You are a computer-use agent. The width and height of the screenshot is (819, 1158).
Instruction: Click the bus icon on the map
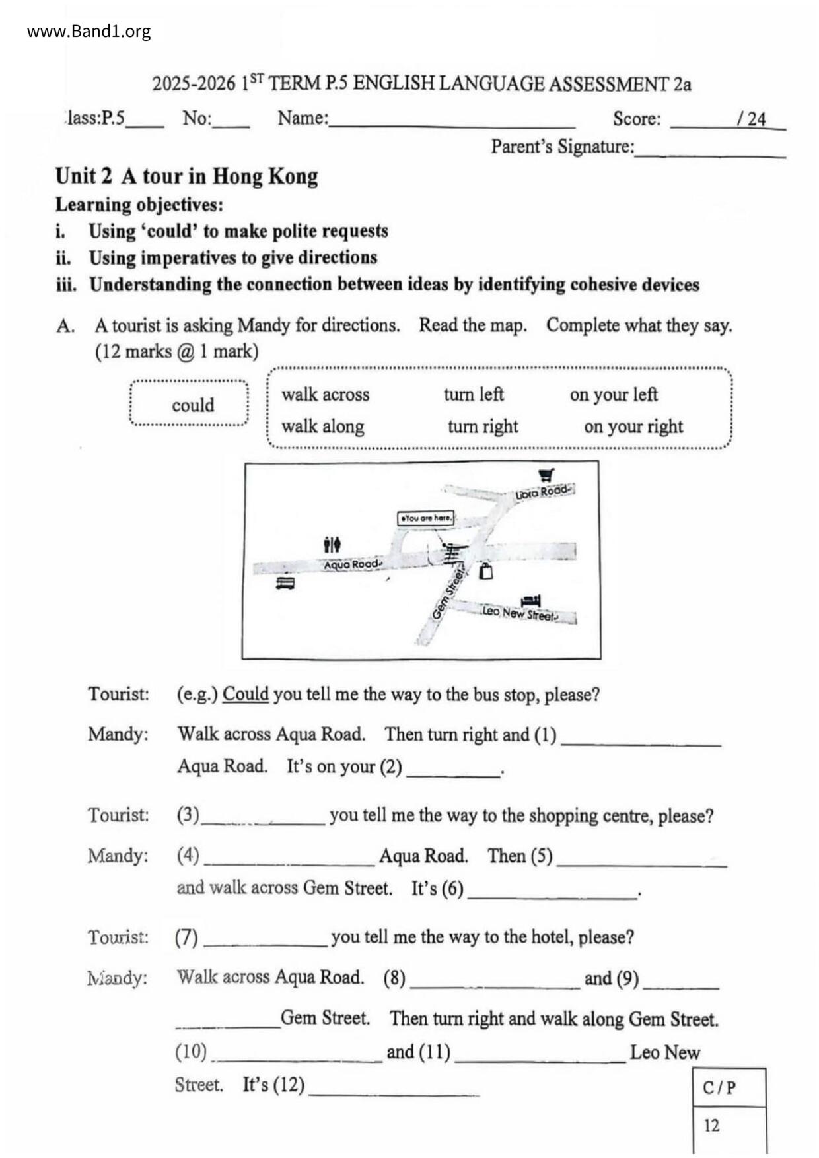tap(285, 583)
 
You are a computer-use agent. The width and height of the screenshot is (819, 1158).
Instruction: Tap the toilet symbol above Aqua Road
tap(332, 545)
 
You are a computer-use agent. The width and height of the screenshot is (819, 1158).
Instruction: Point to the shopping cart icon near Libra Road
tap(546, 475)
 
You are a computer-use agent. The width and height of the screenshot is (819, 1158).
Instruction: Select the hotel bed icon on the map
tap(530, 601)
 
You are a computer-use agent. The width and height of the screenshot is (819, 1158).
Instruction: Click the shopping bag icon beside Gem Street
tap(486, 571)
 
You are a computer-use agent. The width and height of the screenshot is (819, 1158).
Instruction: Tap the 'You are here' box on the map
tap(426, 518)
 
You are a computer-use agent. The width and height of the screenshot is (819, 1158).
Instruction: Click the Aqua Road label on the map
tap(352, 564)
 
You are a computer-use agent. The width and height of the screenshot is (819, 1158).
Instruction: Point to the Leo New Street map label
tap(520, 613)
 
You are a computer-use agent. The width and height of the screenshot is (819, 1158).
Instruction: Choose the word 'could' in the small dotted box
tap(193, 405)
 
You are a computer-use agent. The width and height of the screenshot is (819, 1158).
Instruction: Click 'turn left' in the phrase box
tap(474, 394)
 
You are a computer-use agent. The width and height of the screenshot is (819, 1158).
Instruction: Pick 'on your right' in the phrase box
tap(633, 426)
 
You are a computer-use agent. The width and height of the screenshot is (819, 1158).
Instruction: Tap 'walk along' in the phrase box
tap(323, 426)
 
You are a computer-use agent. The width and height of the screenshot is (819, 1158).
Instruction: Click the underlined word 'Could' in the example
tap(245, 695)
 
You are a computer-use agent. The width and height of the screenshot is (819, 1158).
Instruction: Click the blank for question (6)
tap(552, 890)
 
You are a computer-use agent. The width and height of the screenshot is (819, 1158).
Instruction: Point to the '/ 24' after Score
tap(752, 119)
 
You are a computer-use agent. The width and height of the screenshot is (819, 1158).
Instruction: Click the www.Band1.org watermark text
tap(89, 32)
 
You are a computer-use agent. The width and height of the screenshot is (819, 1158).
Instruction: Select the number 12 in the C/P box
tap(711, 1125)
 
